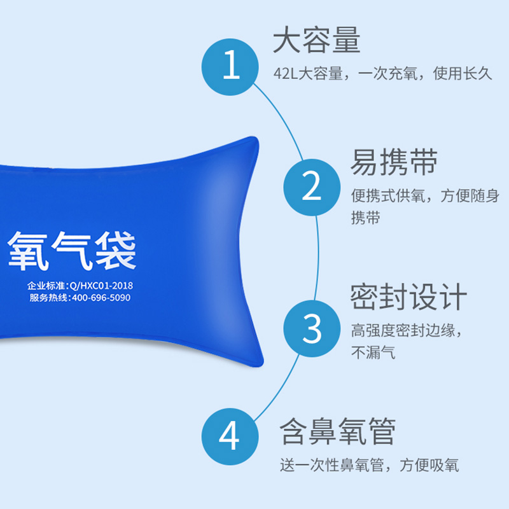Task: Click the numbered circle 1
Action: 230,67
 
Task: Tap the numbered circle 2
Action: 312,187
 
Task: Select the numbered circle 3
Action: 312,328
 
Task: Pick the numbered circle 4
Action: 230,436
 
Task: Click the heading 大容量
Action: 317,40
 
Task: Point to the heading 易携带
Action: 394,162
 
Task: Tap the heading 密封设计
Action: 408,296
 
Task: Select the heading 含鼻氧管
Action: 338,431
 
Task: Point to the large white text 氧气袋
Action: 72,251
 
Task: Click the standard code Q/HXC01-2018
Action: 101,286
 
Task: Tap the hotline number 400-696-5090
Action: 101,298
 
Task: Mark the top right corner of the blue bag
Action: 256,139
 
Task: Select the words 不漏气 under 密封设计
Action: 373,352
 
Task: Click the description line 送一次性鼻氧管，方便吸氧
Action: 370,465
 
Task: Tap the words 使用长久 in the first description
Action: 463,73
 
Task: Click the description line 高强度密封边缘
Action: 403,330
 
